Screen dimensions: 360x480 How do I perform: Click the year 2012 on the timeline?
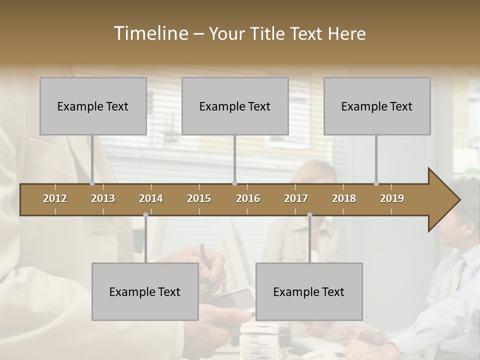coord(55,198)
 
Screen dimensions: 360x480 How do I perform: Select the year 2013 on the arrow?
coord(103,198)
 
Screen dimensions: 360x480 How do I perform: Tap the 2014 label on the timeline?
coord(151,198)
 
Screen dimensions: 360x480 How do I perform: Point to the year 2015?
coord(199,198)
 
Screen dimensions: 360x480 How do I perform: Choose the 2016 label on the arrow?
coord(248,198)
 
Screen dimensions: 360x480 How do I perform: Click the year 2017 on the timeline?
coord(296,198)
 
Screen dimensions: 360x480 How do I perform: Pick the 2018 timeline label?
coord(344,198)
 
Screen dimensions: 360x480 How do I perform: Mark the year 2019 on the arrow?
coord(392,198)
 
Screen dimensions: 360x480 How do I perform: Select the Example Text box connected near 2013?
coord(93,106)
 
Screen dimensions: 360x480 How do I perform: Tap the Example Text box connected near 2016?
coord(235,106)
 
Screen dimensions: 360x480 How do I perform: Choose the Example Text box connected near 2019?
coord(377,106)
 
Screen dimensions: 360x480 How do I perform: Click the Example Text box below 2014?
coord(145,291)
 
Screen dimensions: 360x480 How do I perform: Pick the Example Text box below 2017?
coord(309,291)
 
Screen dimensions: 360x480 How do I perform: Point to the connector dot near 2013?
coord(92,183)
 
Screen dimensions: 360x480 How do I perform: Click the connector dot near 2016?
coord(235,183)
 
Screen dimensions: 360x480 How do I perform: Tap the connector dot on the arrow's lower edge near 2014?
coord(145,215)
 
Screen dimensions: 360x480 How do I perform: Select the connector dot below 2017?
coord(309,215)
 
